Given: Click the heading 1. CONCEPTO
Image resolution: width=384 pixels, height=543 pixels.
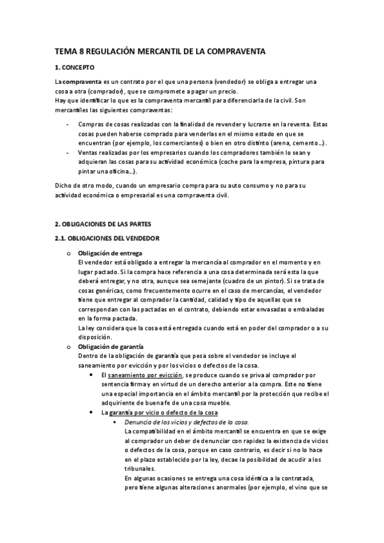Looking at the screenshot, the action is point(74,67).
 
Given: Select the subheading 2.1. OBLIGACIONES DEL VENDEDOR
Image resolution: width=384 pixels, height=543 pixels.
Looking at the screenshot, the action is point(106,239).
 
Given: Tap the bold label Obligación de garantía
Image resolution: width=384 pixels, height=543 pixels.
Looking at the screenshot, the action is point(111,346).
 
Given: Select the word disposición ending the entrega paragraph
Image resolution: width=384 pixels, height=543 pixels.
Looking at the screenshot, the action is point(95,338).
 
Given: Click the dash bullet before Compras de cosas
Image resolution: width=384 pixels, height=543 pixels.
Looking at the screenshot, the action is point(68,124).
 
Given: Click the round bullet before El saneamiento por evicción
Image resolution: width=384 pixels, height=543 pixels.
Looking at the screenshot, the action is point(94,375).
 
